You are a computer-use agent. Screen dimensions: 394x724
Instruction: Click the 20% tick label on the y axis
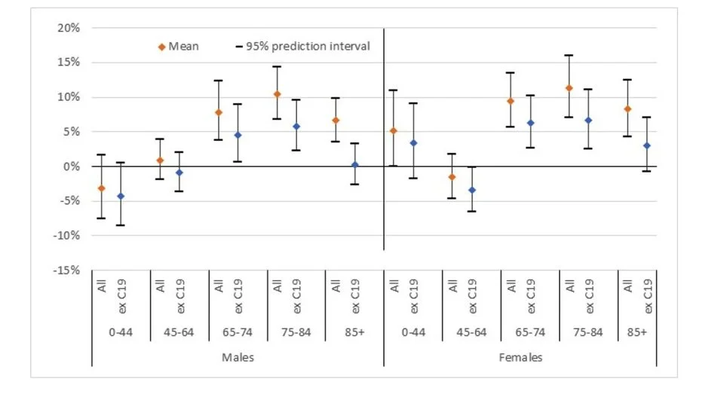click(x=69, y=28)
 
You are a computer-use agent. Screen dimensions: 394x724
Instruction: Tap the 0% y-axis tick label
click(x=72, y=166)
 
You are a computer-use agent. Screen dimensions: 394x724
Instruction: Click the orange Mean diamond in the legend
click(x=161, y=47)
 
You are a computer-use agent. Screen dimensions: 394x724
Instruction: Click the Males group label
click(x=238, y=358)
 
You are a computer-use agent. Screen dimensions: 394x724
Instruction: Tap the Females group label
click(x=520, y=358)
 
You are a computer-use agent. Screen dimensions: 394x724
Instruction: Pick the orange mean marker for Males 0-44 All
click(x=101, y=188)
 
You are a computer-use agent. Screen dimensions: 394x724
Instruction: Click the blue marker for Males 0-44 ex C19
click(x=121, y=196)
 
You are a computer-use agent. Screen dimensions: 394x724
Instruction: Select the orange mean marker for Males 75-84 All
click(x=277, y=94)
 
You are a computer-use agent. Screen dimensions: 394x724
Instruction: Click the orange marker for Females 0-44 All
click(x=394, y=130)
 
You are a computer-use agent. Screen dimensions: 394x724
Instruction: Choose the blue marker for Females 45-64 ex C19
click(x=472, y=190)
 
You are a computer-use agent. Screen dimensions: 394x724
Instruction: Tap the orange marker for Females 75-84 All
click(x=569, y=88)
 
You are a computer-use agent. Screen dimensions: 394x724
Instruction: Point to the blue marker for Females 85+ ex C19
click(x=647, y=145)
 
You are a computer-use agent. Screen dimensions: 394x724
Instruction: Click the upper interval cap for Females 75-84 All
click(x=569, y=55)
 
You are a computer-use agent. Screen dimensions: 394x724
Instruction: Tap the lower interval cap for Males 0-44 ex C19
click(x=121, y=225)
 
